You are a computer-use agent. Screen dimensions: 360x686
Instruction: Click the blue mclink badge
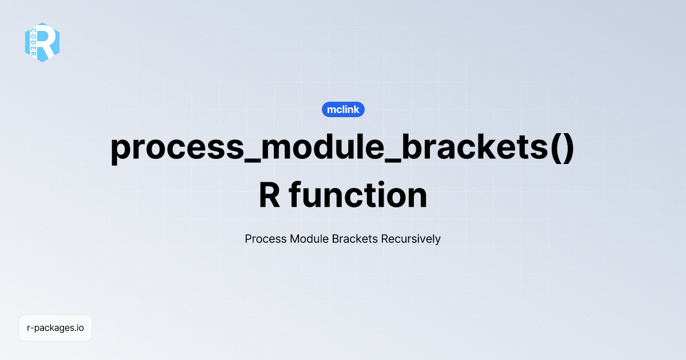pos(343,109)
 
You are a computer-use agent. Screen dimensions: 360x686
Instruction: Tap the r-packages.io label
pos(55,328)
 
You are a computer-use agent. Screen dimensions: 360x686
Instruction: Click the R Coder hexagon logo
pos(42,42)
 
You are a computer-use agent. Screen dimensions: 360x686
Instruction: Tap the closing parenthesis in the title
pos(566,149)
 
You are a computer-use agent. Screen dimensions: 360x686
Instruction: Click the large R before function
pos(269,195)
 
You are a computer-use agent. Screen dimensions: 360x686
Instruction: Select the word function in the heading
pos(358,195)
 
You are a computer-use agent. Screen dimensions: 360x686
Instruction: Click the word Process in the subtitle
pos(265,239)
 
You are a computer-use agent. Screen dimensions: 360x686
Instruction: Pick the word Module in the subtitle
pos(309,239)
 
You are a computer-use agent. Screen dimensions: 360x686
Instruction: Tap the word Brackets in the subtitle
pos(355,239)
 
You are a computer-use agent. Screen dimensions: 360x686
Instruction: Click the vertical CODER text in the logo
pos(34,42)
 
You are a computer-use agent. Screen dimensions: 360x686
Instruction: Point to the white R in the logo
pos(48,41)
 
